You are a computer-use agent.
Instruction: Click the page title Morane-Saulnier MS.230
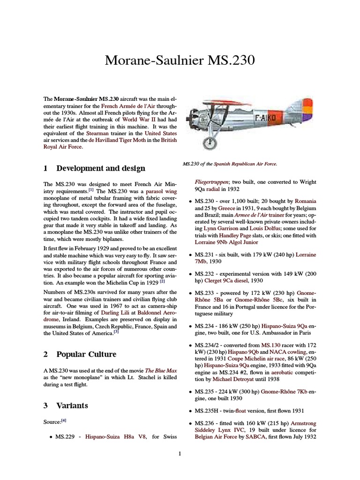click(180, 61)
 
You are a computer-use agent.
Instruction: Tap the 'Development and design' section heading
click(100, 168)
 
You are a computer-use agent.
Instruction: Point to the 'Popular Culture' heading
click(86, 354)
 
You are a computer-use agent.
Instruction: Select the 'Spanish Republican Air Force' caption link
click(245, 164)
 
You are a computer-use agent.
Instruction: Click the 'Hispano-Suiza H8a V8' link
click(116, 437)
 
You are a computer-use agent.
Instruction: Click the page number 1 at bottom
click(180, 453)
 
